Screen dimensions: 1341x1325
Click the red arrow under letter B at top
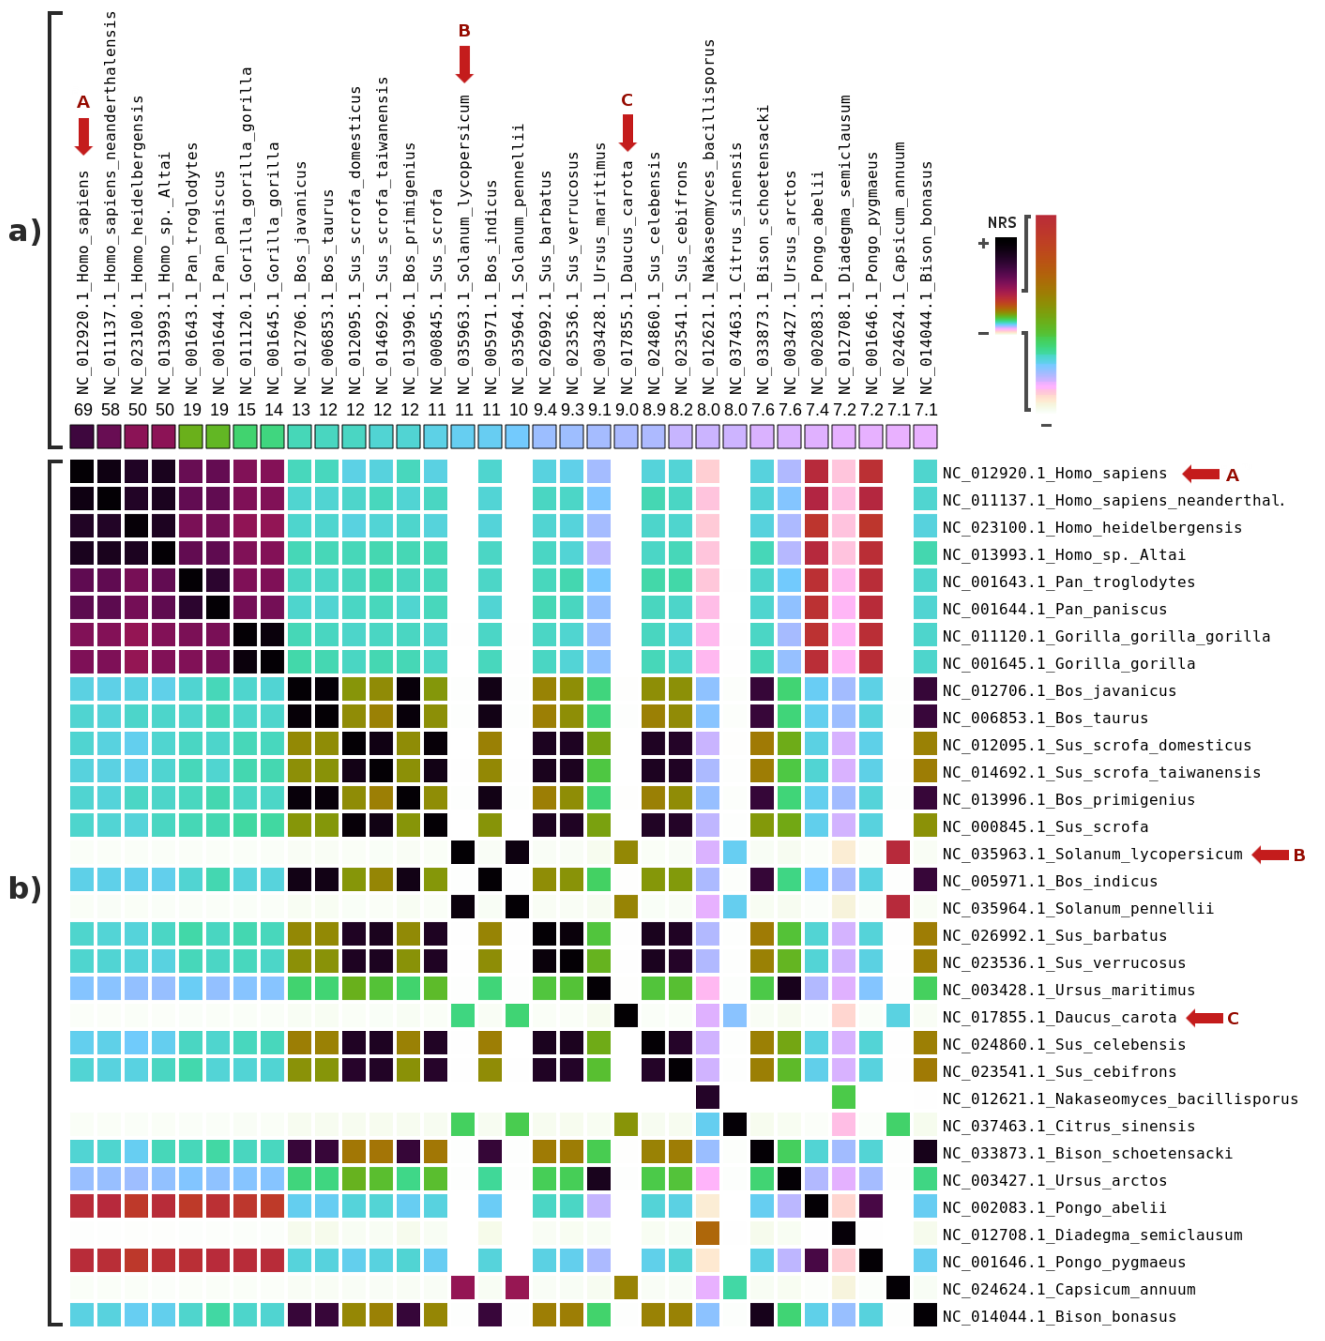tap(464, 63)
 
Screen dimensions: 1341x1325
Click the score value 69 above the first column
tap(83, 409)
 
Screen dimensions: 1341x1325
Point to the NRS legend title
tap(1001, 223)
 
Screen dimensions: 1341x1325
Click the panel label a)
tap(25, 231)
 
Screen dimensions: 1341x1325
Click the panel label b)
tap(25, 889)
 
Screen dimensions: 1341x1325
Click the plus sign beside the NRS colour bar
tap(983, 244)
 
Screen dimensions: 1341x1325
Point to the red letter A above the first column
tap(83, 102)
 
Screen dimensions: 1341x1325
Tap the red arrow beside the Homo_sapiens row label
tap(1200, 474)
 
